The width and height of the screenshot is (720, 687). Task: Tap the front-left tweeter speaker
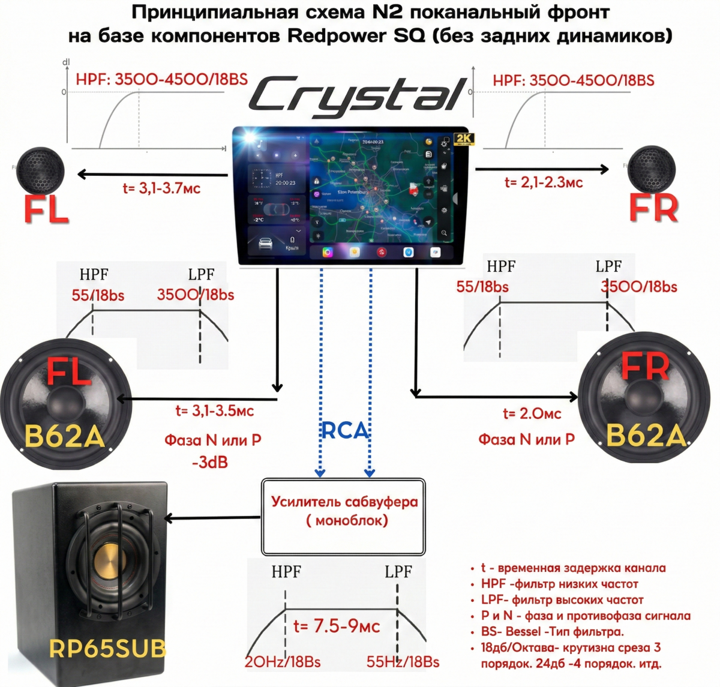click(41, 170)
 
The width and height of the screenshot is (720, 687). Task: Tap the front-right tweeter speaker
click(652, 169)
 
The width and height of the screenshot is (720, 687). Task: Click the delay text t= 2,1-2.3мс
click(544, 182)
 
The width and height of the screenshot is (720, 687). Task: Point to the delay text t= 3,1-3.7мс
click(161, 188)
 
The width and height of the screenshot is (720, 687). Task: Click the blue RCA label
click(344, 430)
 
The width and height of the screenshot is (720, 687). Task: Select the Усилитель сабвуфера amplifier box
click(343, 517)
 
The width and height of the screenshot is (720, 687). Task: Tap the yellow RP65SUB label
click(107, 648)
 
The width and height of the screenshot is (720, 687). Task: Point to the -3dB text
click(210, 463)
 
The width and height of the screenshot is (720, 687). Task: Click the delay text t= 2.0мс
click(532, 413)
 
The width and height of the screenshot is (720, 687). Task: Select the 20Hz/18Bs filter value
click(283, 662)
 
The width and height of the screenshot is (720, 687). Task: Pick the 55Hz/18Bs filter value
click(403, 662)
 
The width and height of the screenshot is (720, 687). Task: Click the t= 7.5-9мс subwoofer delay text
click(337, 626)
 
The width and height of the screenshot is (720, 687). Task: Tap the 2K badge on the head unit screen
click(464, 139)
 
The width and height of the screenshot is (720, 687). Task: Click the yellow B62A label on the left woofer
click(65, 436)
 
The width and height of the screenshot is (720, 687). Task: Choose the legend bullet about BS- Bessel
click(552, 632)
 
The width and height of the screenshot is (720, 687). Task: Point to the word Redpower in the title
click(337, 36)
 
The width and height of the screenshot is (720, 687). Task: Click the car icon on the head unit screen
click(265, 244)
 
